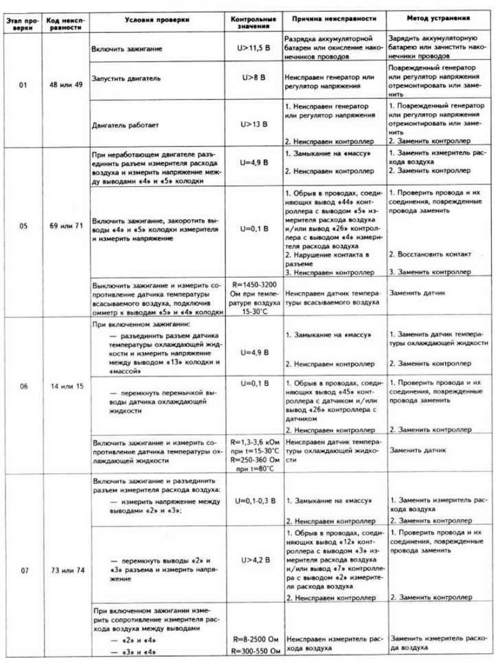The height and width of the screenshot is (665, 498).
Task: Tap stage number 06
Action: point(23,386)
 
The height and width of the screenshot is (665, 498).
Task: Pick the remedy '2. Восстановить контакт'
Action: point(431,254)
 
